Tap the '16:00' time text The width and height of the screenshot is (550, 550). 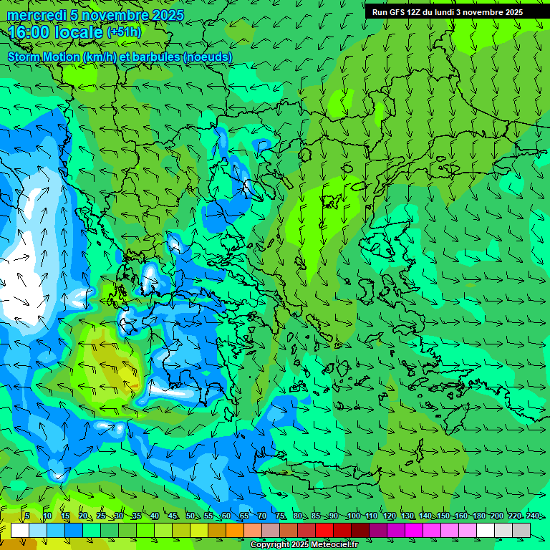coord(32,32)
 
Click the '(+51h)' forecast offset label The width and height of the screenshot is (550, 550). coord(124,32)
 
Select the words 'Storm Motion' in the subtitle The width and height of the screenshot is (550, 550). coord(42,57)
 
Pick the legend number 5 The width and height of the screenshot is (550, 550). coord(27,516)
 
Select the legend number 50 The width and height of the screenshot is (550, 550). coord(190,516)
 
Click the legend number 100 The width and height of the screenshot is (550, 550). coord(353,516)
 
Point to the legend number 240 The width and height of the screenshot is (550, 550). coord(532,516)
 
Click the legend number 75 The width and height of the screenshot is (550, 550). coord(281,516)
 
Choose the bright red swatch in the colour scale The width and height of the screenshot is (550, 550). coord(324,530)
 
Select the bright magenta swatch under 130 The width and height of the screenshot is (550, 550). coord(414,530)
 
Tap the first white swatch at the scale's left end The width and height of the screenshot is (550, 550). coord(19,530)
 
